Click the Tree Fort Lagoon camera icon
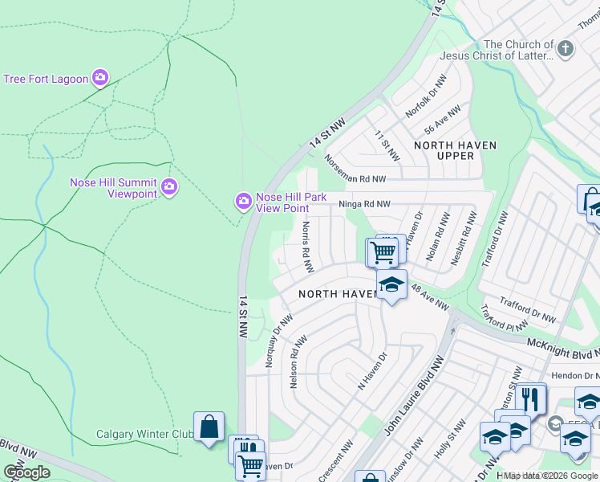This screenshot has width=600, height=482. (x=100, y=78)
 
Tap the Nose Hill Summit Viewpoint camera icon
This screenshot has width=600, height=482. (x=168, y=187)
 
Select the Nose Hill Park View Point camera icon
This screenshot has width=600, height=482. (x=242, y=202)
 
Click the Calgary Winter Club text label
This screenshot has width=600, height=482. (x=144, y=435)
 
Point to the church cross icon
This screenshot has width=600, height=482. (x=566, y=50)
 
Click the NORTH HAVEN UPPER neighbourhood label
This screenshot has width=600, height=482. (x=455, y=150)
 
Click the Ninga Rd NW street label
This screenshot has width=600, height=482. (x=363, y=205)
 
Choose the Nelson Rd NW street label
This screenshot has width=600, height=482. (x=294, y=361)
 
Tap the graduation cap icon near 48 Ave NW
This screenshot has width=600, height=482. (x=391, y=285)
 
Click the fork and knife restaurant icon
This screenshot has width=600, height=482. (x=530, y=398)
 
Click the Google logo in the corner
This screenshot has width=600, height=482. (x=26, y=472)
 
